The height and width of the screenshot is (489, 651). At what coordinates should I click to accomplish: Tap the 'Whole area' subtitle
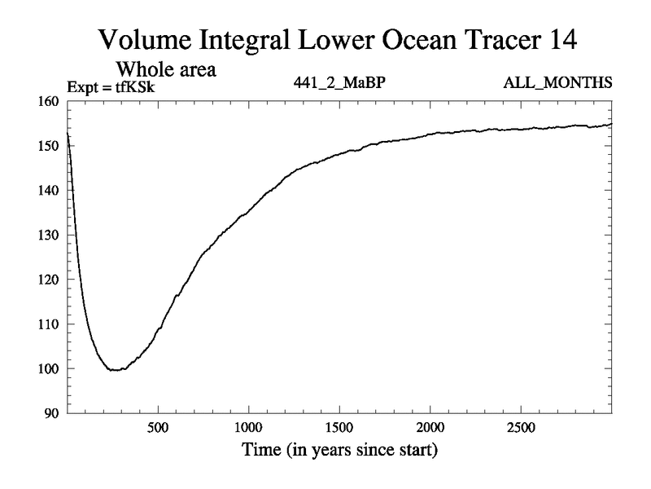coord(168,69)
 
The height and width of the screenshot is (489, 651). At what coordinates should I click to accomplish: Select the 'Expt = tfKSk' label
coord(110,84)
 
